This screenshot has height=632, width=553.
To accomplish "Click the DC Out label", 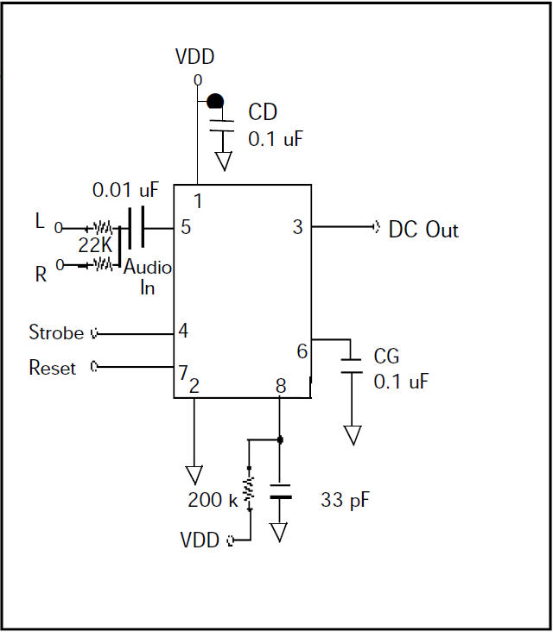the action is [423, 230].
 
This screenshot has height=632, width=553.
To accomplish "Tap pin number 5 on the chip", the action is [186, 227].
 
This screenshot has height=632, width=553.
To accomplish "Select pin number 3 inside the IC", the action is [298, 227].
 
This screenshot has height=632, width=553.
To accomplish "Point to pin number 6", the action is [302, 351].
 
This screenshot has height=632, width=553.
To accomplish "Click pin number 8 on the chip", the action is [281, 386].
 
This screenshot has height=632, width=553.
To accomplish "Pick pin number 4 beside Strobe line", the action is [183, 331].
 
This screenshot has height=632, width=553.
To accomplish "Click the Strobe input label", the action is [56, 332].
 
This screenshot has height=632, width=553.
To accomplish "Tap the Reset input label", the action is [53, 368].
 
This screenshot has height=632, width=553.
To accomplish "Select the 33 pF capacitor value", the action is [346, 500].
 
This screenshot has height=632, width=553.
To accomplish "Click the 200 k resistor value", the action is [213, 500].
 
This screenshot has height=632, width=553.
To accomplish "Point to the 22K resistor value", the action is [95, 245].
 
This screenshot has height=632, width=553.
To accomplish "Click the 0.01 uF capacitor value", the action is [126, 190].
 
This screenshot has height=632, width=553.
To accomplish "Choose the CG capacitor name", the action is [386, 357].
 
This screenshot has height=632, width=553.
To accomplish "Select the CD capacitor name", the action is [263, 112].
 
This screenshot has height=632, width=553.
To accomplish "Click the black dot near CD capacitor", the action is [215, 101].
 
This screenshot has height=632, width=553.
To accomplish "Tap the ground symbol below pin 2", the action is [194, 475].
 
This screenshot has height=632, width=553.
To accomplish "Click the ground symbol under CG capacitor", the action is [353, 435].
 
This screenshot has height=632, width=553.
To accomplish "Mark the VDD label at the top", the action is [194, 57].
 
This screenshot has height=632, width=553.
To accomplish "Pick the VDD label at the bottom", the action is [200, 540].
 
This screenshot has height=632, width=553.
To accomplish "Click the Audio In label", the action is [148, 277].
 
